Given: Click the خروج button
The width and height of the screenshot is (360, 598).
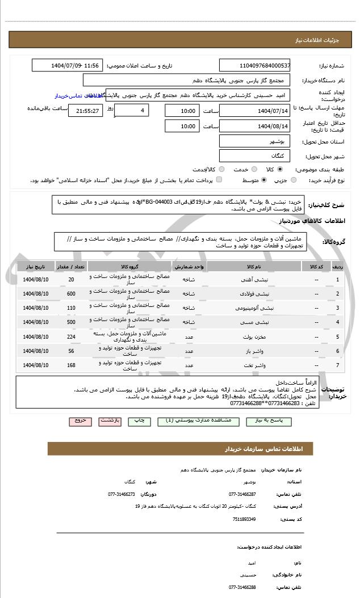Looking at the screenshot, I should [79, 421].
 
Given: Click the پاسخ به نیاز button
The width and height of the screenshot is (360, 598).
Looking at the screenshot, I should [270, 421].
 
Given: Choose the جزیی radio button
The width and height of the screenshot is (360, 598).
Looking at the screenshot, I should [294, 180].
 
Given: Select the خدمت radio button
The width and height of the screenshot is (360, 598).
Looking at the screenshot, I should [253, 169].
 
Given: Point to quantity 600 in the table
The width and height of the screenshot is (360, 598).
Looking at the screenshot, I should [71, 294].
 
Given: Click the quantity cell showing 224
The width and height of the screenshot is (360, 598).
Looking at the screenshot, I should [71, 336].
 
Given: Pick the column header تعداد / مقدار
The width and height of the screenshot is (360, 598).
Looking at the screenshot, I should [71, 266].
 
